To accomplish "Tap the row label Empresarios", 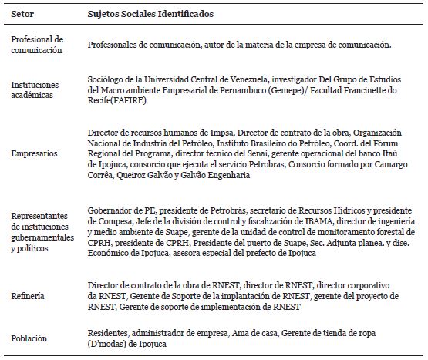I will click(x=34, y=153).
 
